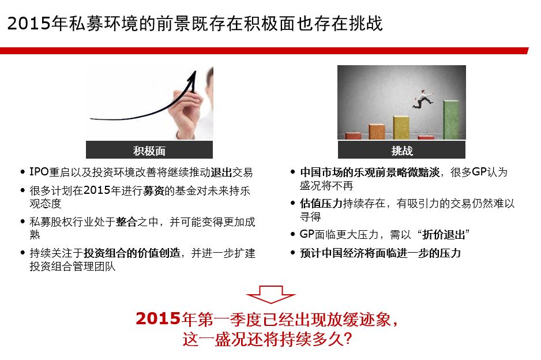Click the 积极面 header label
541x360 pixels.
[x=149, y=151]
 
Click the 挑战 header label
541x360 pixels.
[x=402, y=151]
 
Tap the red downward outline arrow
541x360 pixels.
[x=271, y=294]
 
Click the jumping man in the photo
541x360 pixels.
[x=422, y=99]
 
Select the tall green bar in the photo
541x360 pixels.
[x=451, y=119]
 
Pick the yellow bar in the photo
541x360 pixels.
[x=401, y=127]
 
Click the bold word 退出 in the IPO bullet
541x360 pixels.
[x=221, y=172]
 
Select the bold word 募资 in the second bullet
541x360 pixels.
[x=153, y=190]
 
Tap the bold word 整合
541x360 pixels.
[x=127, y=222]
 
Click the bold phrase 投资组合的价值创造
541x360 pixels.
[x=132, y=253]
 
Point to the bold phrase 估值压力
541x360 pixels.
[x=321, y=203]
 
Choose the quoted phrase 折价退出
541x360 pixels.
[x=444, y=235]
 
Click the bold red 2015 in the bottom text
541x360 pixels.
[x=159, y=318]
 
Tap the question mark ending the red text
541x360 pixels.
[x=348, y=339]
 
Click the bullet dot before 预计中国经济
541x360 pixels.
[x=293, y=253]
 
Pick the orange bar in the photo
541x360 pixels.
[x=377, y=132]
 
